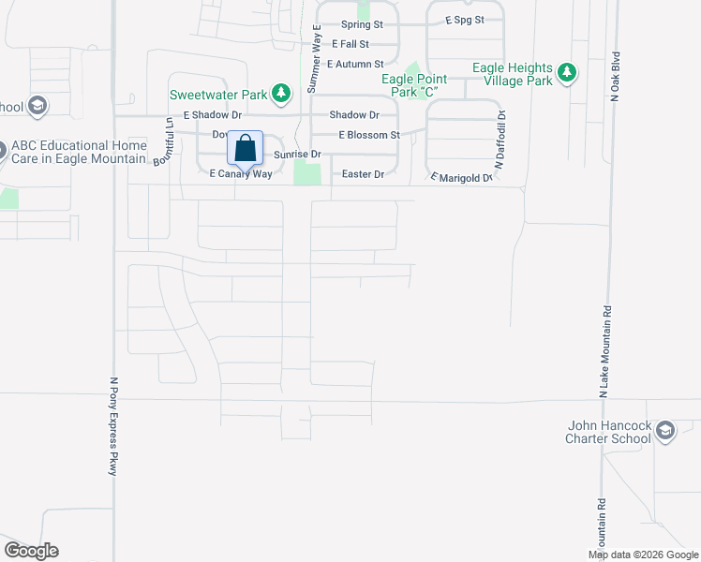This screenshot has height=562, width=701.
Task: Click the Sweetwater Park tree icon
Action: click(280, 93)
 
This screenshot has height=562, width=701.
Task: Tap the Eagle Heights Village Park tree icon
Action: click(566, 73)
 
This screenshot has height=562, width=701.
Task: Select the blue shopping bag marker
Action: click(245, 148)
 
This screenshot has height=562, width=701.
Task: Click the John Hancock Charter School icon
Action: click(665, 431)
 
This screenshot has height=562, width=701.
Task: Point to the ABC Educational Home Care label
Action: click(80, 152)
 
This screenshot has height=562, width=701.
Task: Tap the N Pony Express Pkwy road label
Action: click(112, 427)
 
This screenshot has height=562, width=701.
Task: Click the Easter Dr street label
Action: click(363, 174)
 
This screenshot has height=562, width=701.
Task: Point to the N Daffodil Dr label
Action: click(500, 140)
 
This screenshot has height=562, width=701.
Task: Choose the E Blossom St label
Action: click(369, 135)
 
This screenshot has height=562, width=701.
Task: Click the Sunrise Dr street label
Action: click(297, 154)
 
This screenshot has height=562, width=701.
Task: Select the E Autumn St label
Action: click(355, 64)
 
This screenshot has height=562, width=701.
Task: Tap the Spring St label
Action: click(363, 24)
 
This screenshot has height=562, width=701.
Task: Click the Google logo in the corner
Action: click(31, 551)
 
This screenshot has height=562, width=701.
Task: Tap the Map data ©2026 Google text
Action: click(642, 555)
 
